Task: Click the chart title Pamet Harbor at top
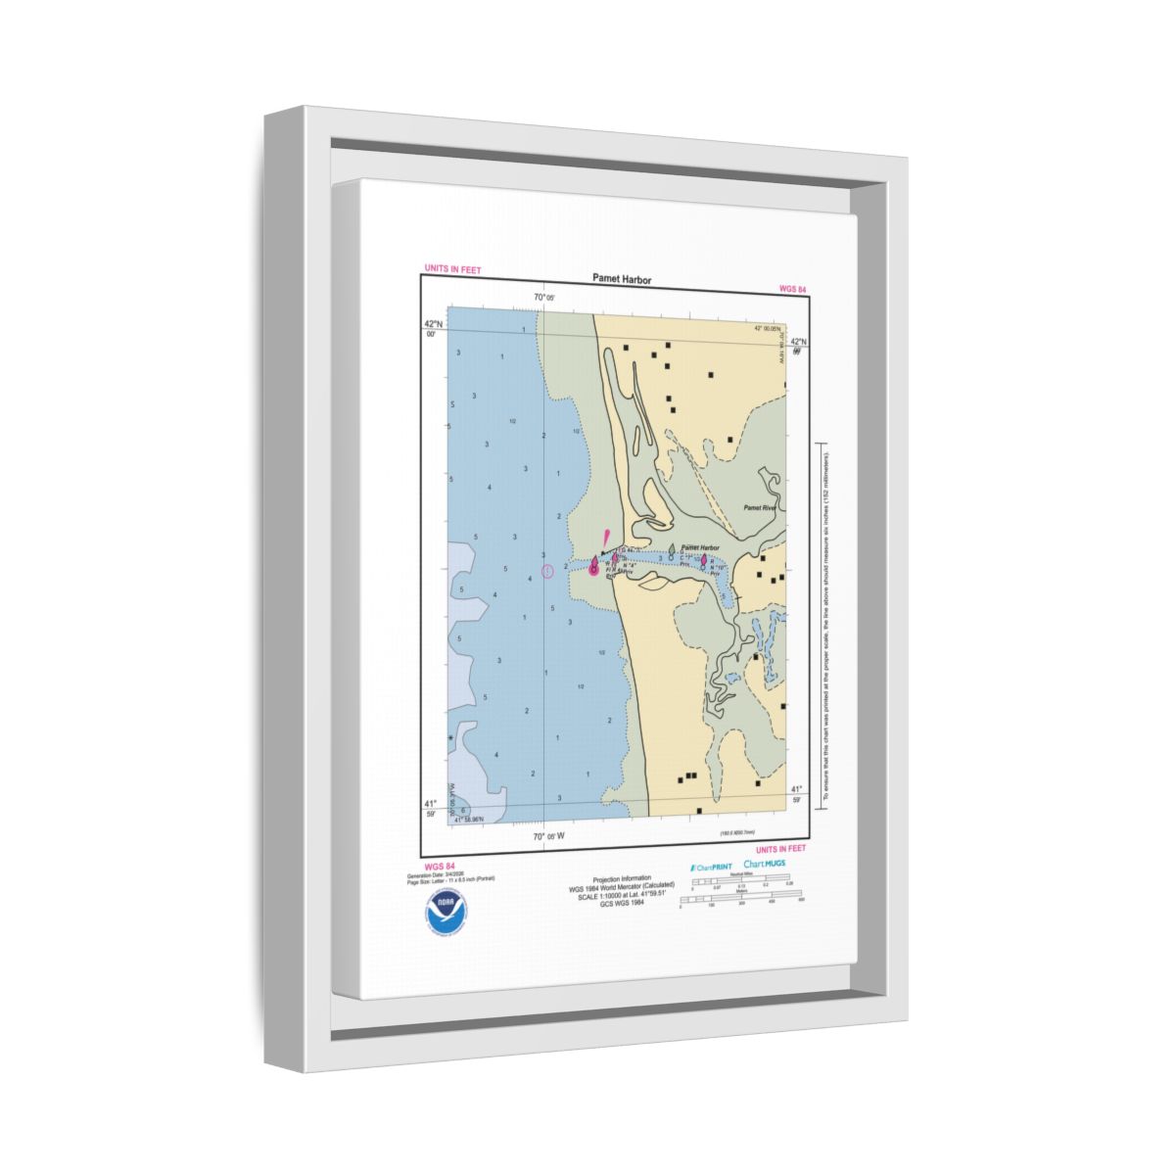click(x=621, y=279)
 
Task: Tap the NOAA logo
click(x=445, y=912)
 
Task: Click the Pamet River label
click(x=759, y=508)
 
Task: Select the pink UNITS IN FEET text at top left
click(x=452, y=269)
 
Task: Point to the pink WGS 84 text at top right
click(x=792, y=289)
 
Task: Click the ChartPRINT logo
click(x=711, y=867)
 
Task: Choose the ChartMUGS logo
click(x=765, y=864)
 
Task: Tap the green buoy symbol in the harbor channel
click(x=671, y=551)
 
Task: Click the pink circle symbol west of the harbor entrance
click(x=547, y=571)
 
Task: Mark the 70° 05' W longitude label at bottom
click(x=549, y=836)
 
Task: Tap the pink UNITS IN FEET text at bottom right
click(x=781, y=849)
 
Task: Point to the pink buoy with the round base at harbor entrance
click(x=593, y=567)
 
